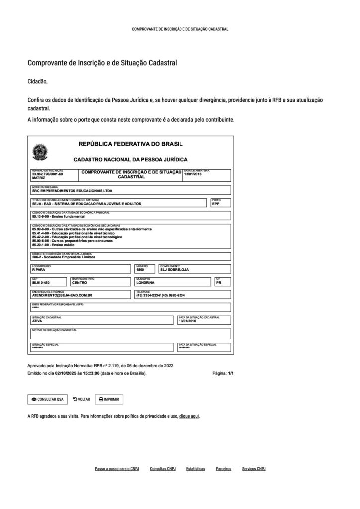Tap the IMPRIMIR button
click(109, 399)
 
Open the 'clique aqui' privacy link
click(189, 416)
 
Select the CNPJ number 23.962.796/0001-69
click(47, 174)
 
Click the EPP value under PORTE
click(215, 204)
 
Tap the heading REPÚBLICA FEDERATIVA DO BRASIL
click(131, 144)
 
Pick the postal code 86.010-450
click(40, 282)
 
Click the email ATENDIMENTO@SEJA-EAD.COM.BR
click(62, 295)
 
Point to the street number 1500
click(141, 269)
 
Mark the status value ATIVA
click(37, 321)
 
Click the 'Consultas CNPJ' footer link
click(163, 469)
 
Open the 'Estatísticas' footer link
click(195, 469)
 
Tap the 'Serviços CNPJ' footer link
click(254, 469)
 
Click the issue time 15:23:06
click(90, 372)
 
